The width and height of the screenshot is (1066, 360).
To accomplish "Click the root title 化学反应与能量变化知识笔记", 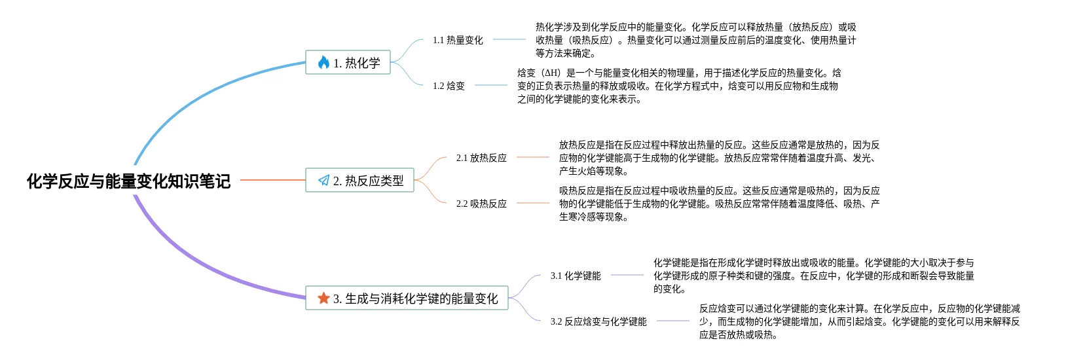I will coord(128,181).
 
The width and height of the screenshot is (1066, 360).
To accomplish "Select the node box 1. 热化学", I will coord(348,62).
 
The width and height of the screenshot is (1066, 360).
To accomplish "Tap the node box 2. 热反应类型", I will coord(359,180).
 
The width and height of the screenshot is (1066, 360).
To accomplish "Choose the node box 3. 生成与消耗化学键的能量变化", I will coord(407,298).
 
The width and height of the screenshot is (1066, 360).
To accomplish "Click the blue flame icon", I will coord(323,62).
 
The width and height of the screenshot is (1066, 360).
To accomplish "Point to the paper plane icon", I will coord(323,180).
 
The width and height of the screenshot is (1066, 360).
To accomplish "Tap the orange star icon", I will coord(323,298).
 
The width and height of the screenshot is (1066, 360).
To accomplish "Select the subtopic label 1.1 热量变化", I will coord(458,40).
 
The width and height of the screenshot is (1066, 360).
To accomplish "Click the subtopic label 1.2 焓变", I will coord(449,86).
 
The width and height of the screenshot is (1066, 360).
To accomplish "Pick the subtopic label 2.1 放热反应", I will coord(481,158).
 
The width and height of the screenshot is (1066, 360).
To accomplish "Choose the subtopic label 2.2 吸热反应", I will coord(481,204).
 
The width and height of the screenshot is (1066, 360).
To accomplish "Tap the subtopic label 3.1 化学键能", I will coord(576,276).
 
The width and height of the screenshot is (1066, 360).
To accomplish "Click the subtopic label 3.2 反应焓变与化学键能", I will coord(598,321).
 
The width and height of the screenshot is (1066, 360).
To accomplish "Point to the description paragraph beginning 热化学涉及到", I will coord(695,40).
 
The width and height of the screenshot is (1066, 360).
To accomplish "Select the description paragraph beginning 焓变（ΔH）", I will coord(678,86).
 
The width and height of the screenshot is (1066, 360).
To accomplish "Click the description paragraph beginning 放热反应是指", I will coord(719,158).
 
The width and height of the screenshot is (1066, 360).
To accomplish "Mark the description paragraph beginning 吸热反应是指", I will coord(719,204).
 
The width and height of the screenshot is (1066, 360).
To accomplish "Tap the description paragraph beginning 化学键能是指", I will coord(813,276).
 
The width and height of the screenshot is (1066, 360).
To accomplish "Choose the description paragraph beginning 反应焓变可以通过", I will coord(859,321).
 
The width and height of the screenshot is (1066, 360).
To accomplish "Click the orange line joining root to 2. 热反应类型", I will coord(272,180).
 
